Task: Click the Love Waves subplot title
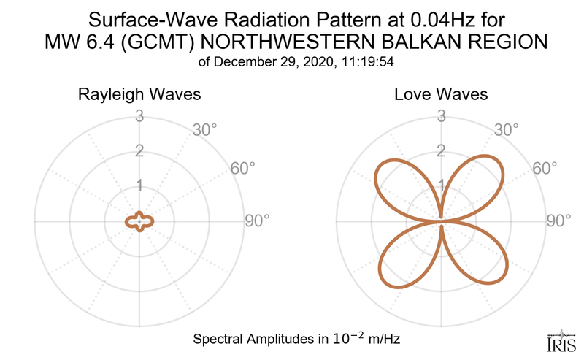(x=441, y=95)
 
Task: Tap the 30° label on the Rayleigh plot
(x=204, y=130)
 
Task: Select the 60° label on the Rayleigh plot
(x=243, y=168)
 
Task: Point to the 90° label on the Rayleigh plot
(x=257, y=221)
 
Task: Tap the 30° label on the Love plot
(x=507, y=130)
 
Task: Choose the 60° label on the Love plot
(x=545, y=168)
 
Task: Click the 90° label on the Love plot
(x=559, y=221)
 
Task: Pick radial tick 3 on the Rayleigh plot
(x=139, y=116)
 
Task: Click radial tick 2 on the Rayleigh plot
(x=139, y=151)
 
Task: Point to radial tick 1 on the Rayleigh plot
(x=139, y=186)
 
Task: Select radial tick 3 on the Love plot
(x=441, y=116)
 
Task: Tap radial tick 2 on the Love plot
(x=441, y=151)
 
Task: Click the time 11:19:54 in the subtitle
(x=369, y=61)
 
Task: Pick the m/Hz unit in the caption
(x=382, y=340)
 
